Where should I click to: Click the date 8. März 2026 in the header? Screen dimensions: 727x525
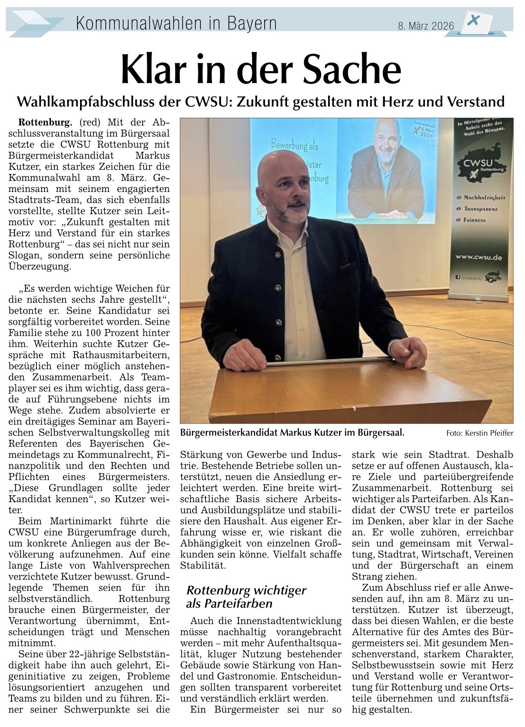pyautogui.click(x=426, y=26)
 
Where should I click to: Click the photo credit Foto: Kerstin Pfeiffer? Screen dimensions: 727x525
pyautogui.click(x=479, y=433)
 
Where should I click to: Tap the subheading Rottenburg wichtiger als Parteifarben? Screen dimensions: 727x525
pyautogui.click(x=246, y=597)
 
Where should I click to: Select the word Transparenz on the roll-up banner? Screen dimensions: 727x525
pyautogui.click(x=480, y=209)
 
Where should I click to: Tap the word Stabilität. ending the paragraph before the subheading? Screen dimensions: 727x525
pyautogui.click(x=203, y=565)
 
